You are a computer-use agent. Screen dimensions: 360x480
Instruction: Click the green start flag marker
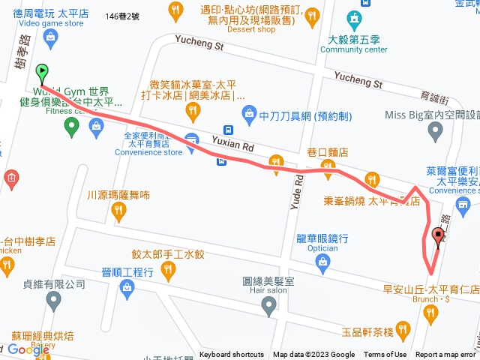tap(42, 73)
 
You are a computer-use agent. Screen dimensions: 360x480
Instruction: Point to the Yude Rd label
tap(298, 190)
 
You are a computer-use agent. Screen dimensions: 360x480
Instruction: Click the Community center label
tap(353, 49)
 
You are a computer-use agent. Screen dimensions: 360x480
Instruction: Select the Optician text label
tap(322, 247)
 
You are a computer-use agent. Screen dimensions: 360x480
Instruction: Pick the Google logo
tap(28, 349)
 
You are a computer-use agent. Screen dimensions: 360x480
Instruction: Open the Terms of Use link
tap(385, 355)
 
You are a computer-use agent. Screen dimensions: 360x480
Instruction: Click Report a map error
tap(445, 355)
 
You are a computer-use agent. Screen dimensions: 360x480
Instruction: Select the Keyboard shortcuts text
tap(231, 355)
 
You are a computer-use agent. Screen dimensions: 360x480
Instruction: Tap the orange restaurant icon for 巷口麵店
tap(276, 161)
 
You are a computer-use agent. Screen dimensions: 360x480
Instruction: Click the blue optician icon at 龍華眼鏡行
tap(323, 262)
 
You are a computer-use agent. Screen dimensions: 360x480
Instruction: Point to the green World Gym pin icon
tap(72, 126)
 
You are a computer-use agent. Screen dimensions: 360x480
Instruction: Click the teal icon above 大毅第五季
tap(353, 19)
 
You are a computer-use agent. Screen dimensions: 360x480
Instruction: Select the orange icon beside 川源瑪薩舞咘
tap(118, 214)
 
